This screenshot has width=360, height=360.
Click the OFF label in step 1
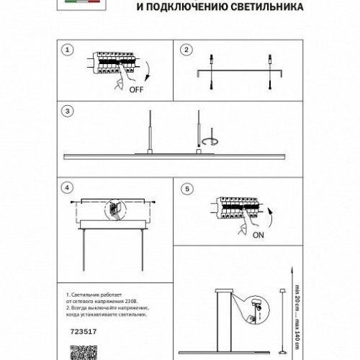[135, 91]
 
